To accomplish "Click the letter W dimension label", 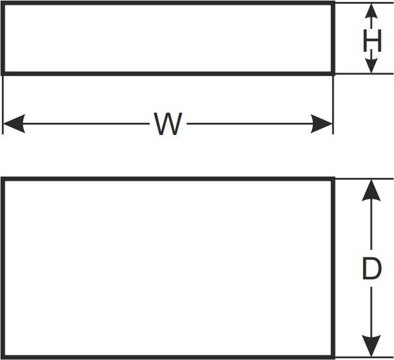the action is pyautogui.click(x=168, y=124).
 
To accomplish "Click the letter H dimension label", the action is pyautogui.click(x=372, y=41).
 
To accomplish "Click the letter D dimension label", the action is pyautogui.click(x=372, y=269).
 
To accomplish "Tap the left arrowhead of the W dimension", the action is pyautogui.click(x=14, y=124).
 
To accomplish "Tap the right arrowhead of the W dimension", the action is pyautogui.click(x=322, y=124).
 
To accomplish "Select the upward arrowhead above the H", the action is pyautogui.click(x=371, y=11).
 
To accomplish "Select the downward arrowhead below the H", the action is pyautogui.click(x=371, y=66).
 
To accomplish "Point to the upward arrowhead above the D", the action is pyautogui.click(x=371, y=190).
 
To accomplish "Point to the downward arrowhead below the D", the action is pyautogui.click(x=371, y=346).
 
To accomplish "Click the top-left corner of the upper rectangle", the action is pyautogui.click(x=3, y=3).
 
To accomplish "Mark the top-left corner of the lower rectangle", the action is pyautogui.click(x=3, y=179).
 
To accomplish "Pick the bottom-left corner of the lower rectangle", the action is pyautogui.click(x=3, y=357).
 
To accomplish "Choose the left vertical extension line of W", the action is pyautogui.click(x=3, y=105).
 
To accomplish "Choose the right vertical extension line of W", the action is pyautogui.click(x=333, y=105).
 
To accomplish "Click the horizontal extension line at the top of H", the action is pyautogui.click(x=364, y=3).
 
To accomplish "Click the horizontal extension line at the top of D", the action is pyautogui.click(x=364, y=179).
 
